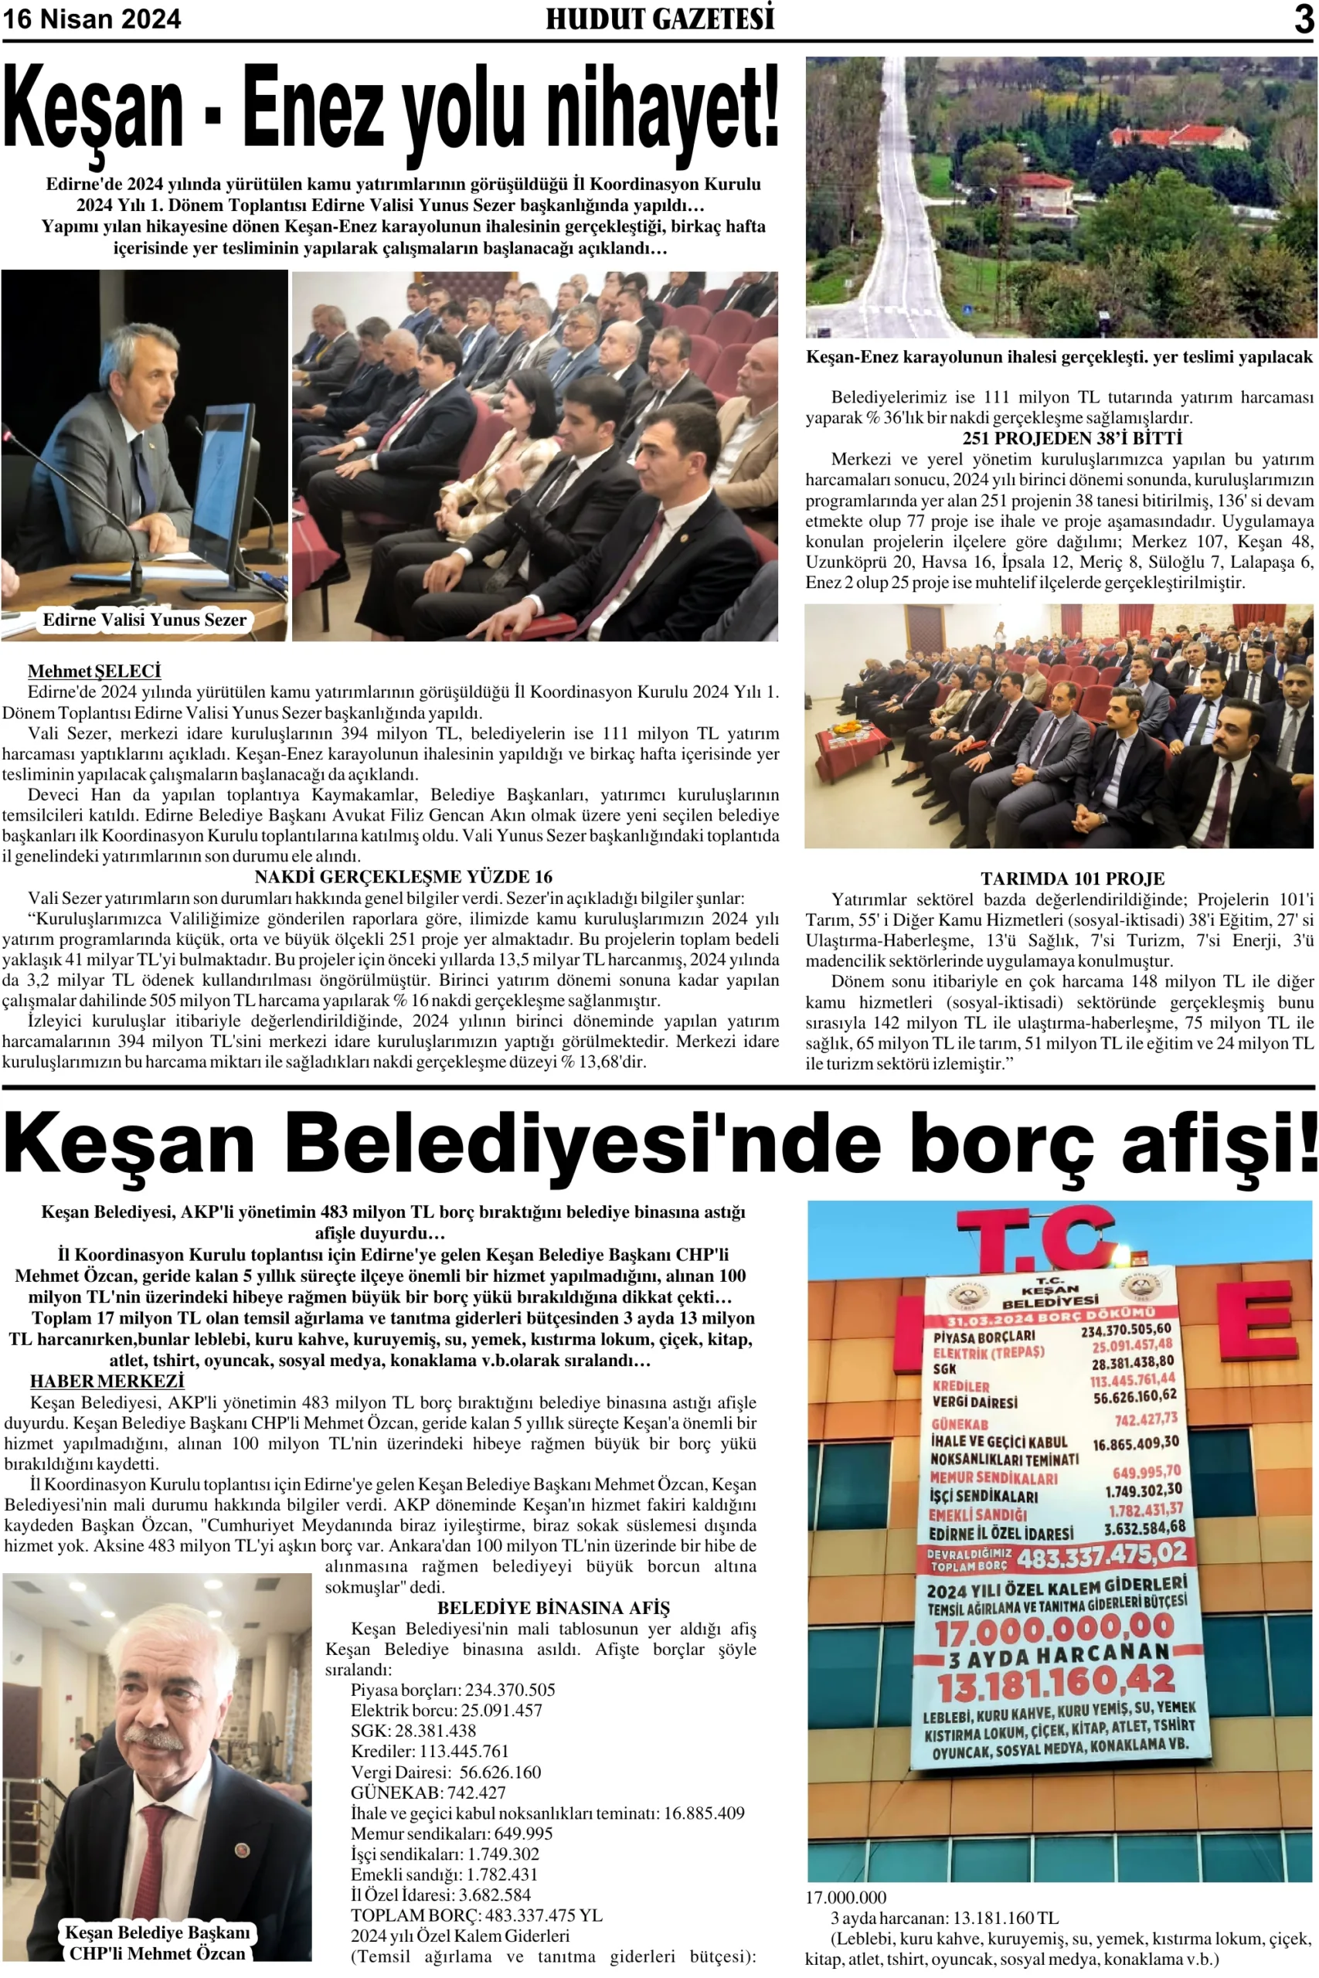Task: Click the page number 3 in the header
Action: (x=1303, y=19)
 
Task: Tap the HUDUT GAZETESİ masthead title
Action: (x=660, y=19)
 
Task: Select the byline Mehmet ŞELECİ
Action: (x=93, y=671)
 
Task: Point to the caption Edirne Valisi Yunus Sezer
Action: (x=144, y=620)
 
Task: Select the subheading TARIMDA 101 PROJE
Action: (x=1072, y=879)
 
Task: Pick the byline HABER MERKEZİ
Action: (x=107, y=1381)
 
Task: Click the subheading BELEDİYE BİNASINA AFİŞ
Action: (x=552, y=1608)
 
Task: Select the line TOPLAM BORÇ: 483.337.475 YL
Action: (x=476, y=1915)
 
